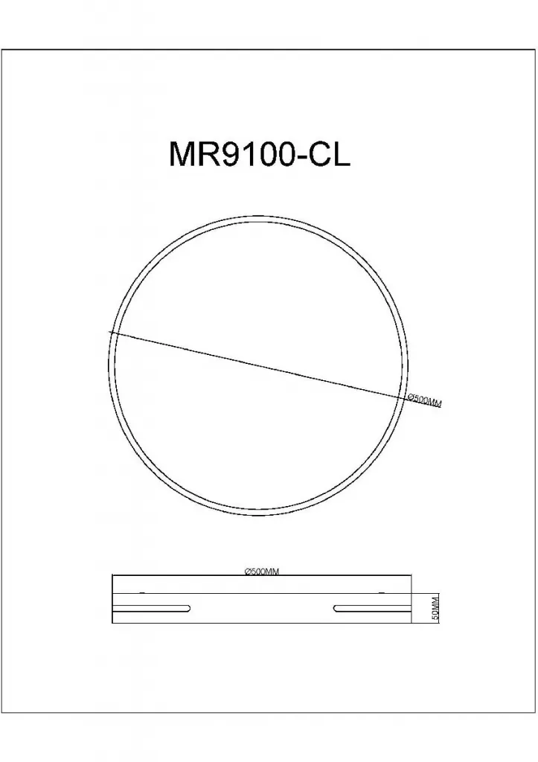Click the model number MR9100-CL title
click(260, 155)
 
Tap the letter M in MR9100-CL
click(181, 155)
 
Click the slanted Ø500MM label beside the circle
click(424, 401)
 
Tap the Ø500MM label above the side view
click(262, 571)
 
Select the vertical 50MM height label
click(435, 607)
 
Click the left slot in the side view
click(151, 607)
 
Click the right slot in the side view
click(373, 607)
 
